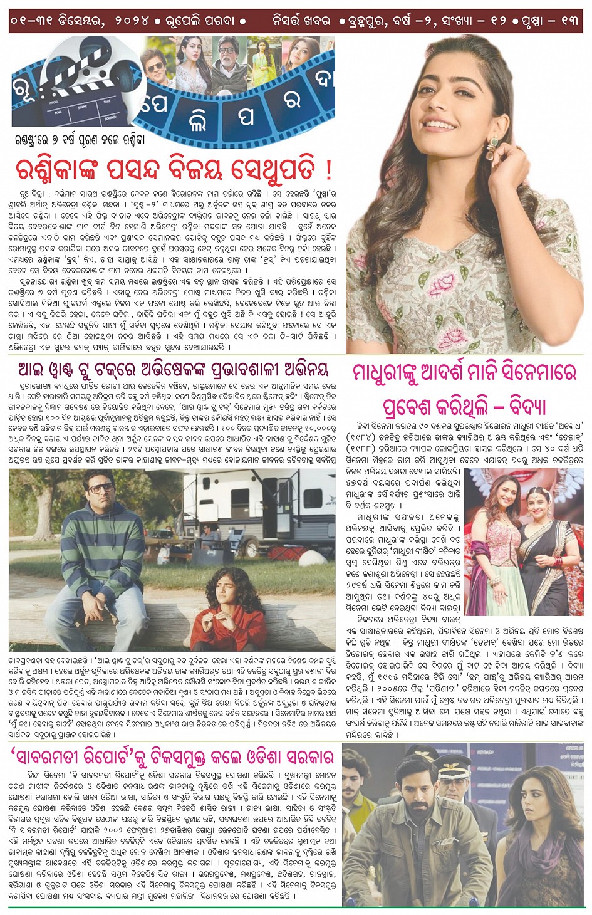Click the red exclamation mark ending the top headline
328,169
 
